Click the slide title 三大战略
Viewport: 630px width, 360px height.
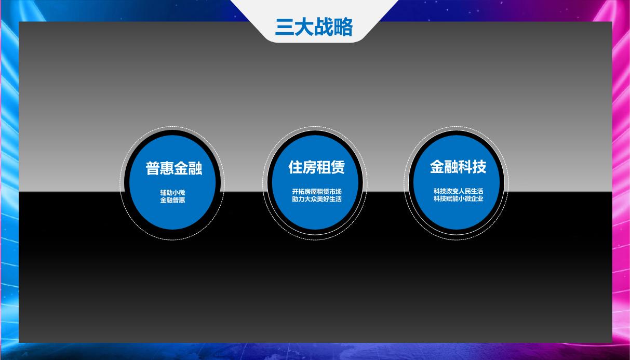click(314, 27)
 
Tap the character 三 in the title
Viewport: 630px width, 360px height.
click(284, 27)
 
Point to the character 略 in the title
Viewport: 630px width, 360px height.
click(343, 27)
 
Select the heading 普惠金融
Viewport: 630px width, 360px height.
click(174, 168)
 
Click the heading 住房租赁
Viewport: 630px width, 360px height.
click(316, 167)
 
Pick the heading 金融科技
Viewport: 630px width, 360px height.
click(458, 167)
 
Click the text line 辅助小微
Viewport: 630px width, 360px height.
click(172, 193)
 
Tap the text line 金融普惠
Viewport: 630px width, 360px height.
click(172, 200)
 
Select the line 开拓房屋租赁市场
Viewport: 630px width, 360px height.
click(317, 192)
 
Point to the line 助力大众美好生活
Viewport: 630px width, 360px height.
click(317, 199)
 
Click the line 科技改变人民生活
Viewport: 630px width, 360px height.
click(459, 191)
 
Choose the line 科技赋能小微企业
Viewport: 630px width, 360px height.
click(459, 198)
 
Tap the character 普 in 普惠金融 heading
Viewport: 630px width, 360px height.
click(153, 168)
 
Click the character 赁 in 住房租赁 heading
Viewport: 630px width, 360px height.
click(338, 167)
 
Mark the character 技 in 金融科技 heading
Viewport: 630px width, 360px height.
click(479, 167)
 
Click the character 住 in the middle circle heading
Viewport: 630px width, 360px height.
click(296, 167)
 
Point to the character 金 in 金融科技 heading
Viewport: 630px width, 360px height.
click(437, 167)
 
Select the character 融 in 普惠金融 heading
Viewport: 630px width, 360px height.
click(195, 168)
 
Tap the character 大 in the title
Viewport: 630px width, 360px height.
click(304, 27)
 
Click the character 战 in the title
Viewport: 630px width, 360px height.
click(324, 27)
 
